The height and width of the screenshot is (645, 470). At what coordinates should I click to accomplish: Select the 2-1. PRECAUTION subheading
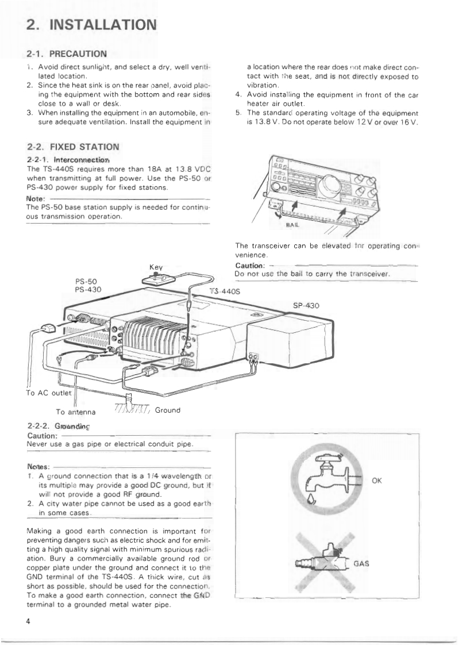67,54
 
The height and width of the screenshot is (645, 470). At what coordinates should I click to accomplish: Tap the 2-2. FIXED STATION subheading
73,147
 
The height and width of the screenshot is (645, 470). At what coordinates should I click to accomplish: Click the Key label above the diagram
157,268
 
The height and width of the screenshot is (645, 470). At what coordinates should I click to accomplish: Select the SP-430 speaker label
306,306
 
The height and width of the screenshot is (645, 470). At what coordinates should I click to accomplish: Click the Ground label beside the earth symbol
167,410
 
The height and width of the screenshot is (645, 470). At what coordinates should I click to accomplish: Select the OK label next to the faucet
378,482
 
